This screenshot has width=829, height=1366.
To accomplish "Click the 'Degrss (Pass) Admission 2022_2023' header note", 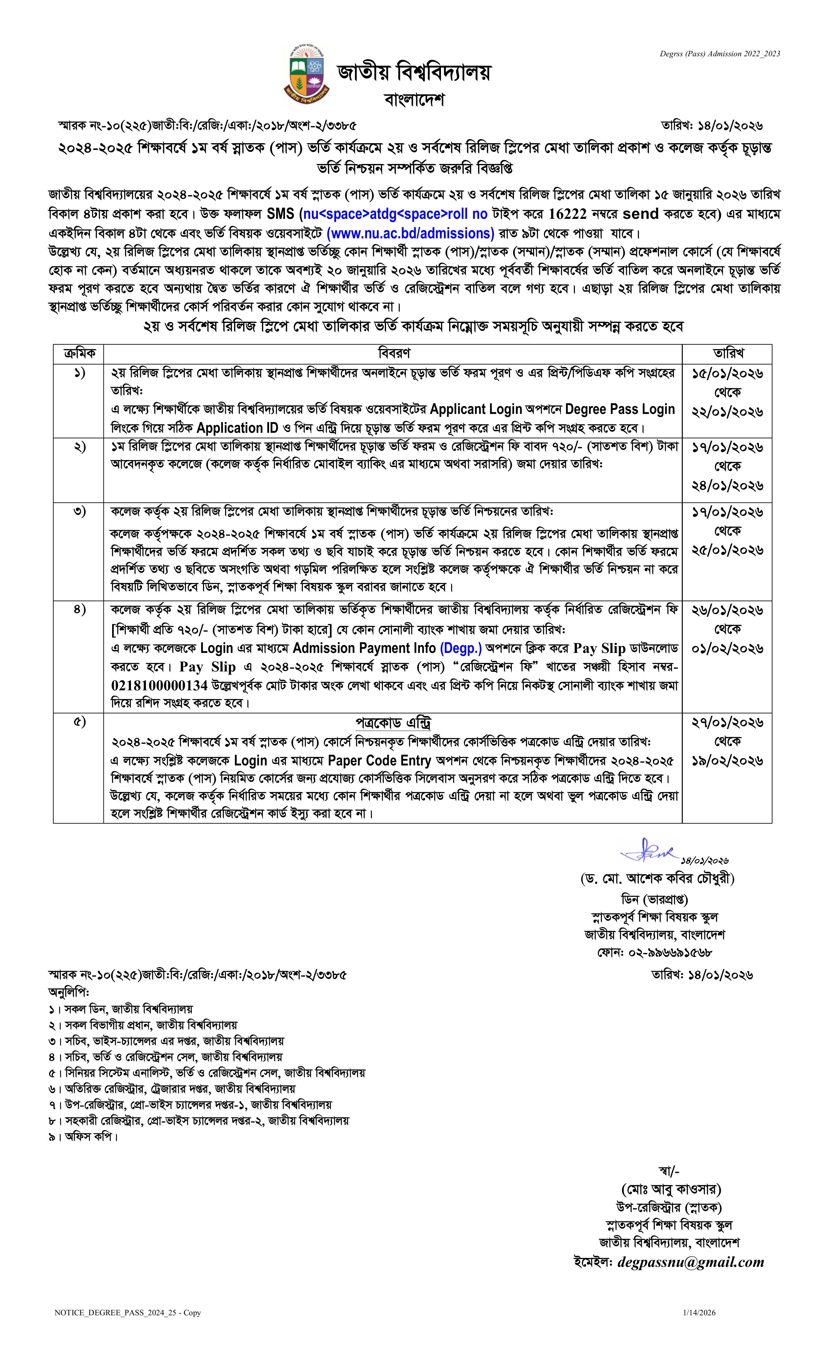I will (719, 54).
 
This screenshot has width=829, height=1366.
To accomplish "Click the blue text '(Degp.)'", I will (460, 648).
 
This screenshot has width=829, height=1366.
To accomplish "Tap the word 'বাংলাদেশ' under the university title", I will (414, 100).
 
